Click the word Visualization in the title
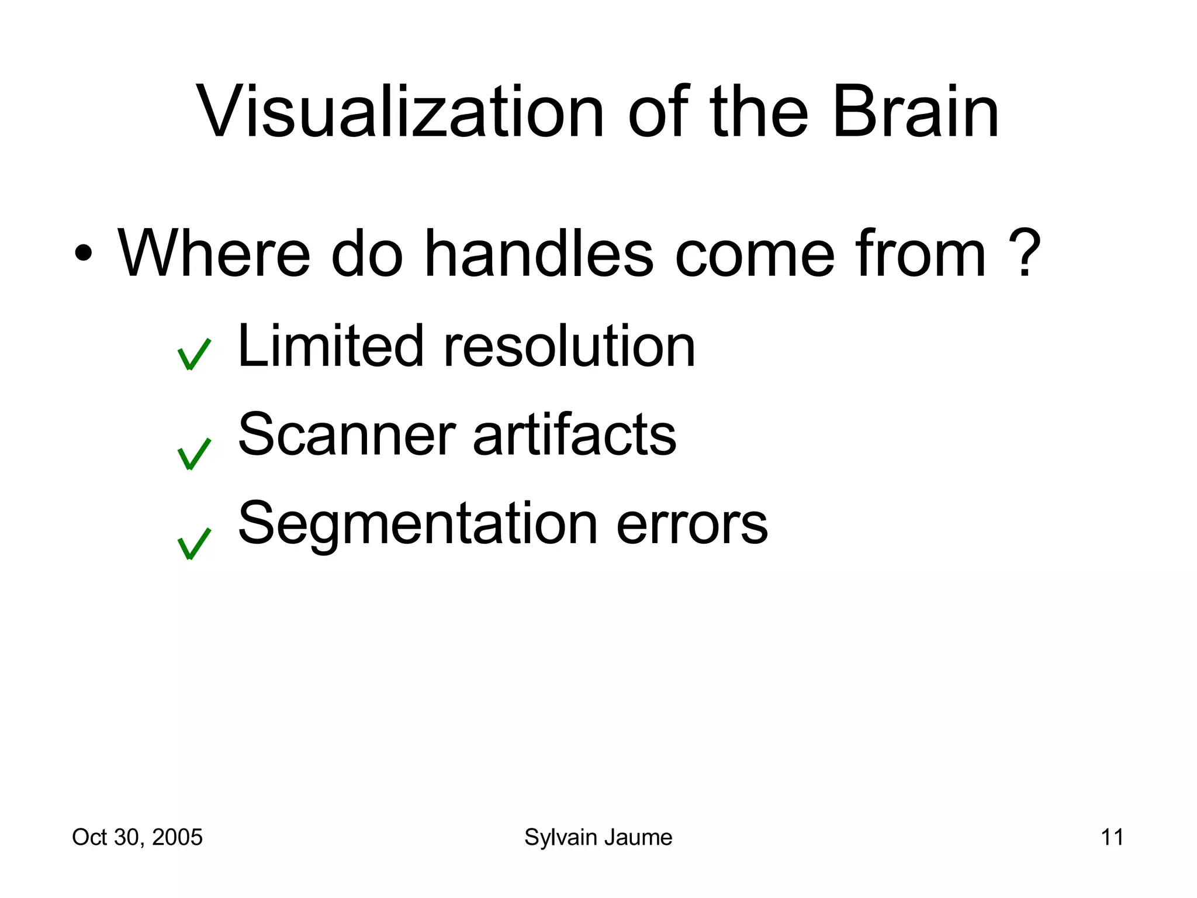(401, 112)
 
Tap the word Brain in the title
(915, 112)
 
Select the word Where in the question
(214, 254)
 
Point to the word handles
(538, 254)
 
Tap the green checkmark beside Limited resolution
(193, 354)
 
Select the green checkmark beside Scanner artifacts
(193, 454)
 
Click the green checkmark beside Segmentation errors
(193, 544)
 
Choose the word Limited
(330, 346)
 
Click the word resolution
(570, 346)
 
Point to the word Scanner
(347, 435)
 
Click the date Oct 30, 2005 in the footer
(137, 837)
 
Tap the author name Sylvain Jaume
(598, 838)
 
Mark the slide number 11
(1112, 837)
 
